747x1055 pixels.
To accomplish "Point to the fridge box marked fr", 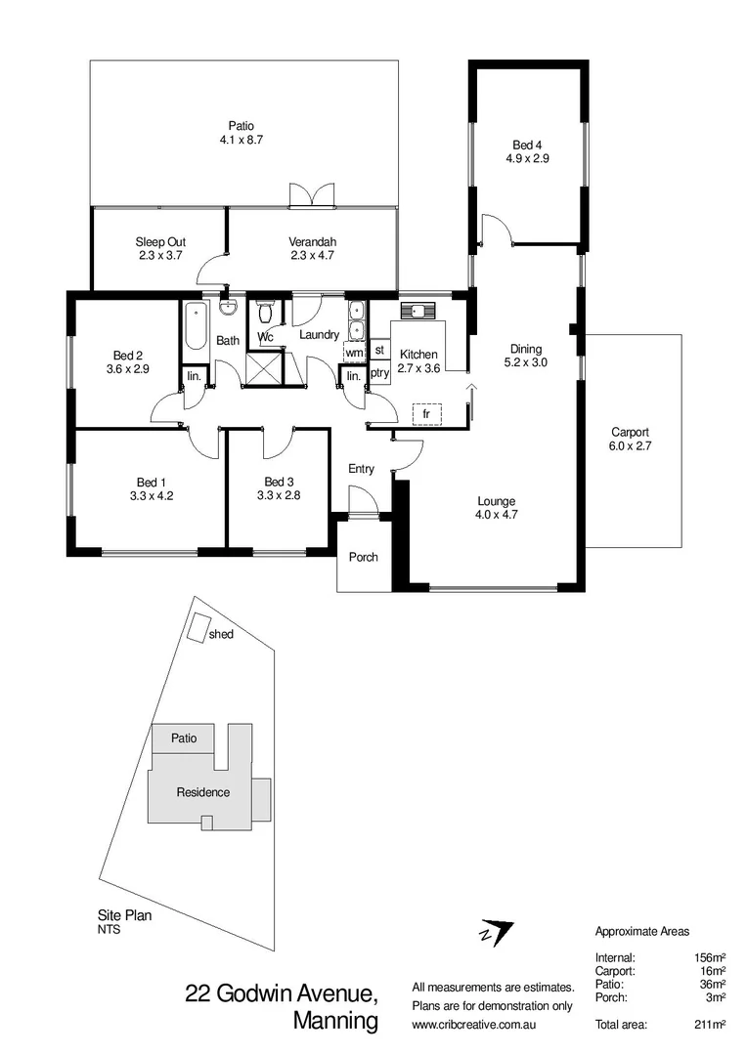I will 426,414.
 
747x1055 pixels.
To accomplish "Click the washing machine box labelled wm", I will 354,351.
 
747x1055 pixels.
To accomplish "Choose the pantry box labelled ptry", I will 380,373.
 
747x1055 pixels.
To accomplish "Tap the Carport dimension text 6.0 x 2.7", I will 630,446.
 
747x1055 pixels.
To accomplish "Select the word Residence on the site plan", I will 202,792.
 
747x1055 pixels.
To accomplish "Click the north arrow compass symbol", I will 496,933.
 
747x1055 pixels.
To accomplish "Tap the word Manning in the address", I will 335,1022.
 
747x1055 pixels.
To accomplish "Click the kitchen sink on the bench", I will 419,312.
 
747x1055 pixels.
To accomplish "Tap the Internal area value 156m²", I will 709,958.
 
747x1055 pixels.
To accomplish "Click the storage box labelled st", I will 379,350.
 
